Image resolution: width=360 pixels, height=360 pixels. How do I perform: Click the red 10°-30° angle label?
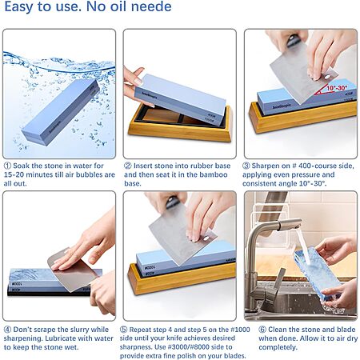pyautogui.click(x=337, y=88)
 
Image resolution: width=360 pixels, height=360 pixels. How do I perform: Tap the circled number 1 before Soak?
pyautogui.click(x=7, y=166)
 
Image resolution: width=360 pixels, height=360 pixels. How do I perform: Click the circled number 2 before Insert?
pyautogui.click(x=128, y=166)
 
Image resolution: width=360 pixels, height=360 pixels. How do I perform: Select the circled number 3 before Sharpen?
pyautogui.click(x=246, y=166)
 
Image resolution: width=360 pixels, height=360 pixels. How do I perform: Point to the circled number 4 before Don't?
pyautogui.click(x=7, y=330)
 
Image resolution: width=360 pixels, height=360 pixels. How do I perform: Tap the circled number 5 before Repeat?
pyautogui.click(x=123, y=330)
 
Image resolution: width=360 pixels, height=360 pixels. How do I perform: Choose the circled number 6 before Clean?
pyautogui.click(x=262, y=330)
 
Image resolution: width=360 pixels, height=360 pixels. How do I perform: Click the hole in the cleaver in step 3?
pyautogui.click(x=327, y=77)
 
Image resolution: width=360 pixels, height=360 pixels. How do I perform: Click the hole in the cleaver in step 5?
pyautogui.click(x=206, y=238)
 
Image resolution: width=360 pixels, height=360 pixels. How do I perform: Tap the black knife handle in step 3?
pyautogui.click(x=293, y=41)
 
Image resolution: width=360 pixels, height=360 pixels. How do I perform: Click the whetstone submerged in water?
pyautogui.click(x=60, y=112)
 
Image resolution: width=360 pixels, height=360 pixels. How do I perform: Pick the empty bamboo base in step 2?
pyautogui.click(x=180, y=123)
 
